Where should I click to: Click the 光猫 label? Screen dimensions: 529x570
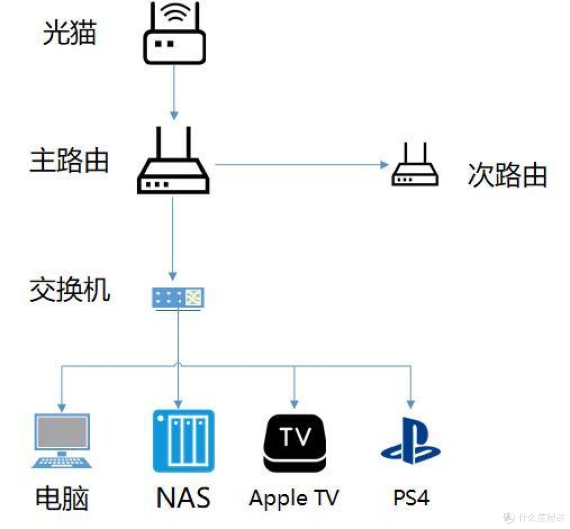click(x=69, y=33)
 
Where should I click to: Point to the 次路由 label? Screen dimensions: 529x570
click(x=507, y=175)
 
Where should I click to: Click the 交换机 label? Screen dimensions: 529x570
click(x=70, y=290)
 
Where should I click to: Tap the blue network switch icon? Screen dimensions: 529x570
click(x=178, y=297)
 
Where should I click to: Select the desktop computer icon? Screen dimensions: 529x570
click(x=62, y=441)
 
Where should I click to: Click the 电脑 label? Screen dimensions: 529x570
click(x=62, y=498)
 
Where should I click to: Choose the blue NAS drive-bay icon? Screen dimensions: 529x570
click(x=183, y=441)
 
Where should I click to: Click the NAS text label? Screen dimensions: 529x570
click(x=183, y=498)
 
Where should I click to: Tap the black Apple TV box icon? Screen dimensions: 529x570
click(x=294, y=443)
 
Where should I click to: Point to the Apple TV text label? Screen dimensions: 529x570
click(x=294, y=498)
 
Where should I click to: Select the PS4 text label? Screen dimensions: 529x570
click(x=411, y=498)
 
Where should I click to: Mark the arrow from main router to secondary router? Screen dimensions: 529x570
click(x=301, y=165)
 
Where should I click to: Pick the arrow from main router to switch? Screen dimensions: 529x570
click(x=173, y=237)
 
